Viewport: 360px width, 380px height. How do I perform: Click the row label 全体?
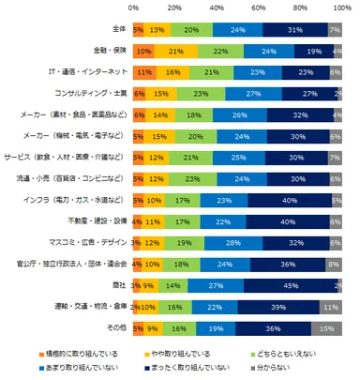(x=116, y=29)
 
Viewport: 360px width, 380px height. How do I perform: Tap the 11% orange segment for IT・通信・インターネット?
(x=144, y=71)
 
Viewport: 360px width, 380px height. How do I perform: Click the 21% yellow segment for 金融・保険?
(x=175, y=51)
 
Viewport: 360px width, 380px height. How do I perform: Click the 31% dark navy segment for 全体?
(x=294, y=29)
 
